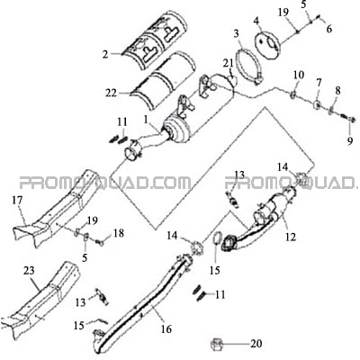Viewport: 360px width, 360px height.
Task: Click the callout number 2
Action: click(x=105, y=55)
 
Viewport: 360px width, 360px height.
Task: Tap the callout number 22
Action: click(x=111, y=94)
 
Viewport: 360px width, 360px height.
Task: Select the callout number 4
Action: click(x=256, y=21)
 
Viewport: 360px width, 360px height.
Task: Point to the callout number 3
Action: click(x=237, y=33)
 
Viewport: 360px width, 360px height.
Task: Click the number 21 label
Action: click(x=228, y=63)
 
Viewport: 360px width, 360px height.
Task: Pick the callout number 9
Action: click(x=350, y=141)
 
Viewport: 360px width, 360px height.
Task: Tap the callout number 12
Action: click(x=291, y=237)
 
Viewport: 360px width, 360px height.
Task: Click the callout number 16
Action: click(x=166, y=328)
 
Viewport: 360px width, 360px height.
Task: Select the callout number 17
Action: click(x=18, y=201)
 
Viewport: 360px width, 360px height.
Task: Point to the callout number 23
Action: click(x=30, y=271)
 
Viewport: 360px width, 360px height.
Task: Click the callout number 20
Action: click(x=256, y=344)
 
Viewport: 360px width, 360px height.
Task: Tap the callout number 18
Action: click(x=119, y=233)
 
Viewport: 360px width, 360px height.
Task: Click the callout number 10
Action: click(x=299, y=75)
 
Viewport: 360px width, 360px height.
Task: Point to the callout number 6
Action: click(x=329, y=29)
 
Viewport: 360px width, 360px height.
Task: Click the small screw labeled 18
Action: click(x=100, y=242)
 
